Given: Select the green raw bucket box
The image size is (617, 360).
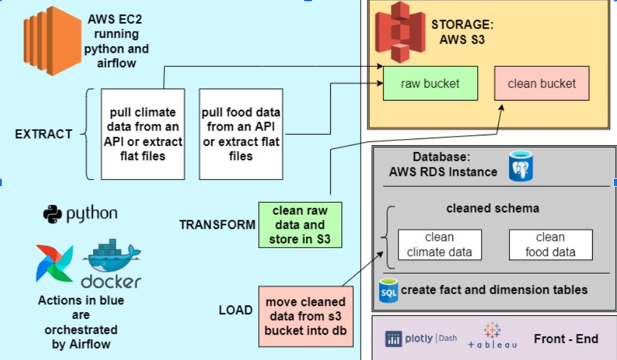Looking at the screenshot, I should [430, 84].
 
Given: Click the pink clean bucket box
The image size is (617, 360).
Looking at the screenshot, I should [541, 84].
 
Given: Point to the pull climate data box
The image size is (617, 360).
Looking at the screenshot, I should [143, 134].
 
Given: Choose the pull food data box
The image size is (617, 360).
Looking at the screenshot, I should [241, 134].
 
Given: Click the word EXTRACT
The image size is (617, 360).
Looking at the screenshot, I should [43, 134].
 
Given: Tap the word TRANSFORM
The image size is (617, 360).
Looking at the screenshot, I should [217, 225].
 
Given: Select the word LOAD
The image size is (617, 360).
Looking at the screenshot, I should [235, 310].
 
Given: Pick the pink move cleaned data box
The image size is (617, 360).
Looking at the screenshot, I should [305, 317].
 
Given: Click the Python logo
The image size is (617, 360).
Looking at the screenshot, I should [80, 215].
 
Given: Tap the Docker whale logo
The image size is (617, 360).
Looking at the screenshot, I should [112, 263].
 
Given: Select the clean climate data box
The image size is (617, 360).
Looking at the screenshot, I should [439, 245].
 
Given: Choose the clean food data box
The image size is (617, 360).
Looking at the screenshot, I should [550, 245].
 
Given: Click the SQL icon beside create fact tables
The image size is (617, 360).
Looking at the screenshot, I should [389, 290].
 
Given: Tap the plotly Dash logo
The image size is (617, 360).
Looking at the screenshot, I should [421, 338].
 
